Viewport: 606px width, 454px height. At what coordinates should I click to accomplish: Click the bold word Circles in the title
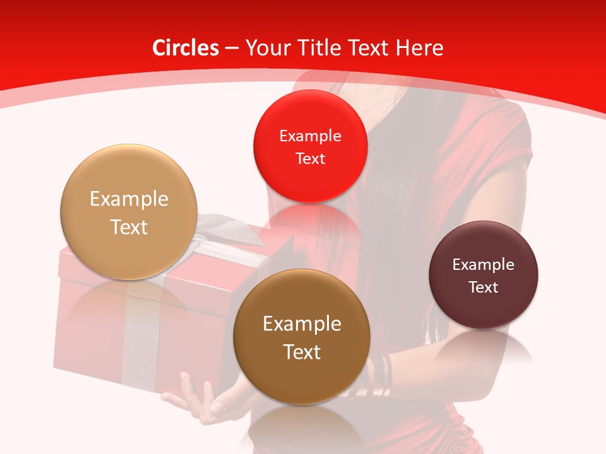[186, 48]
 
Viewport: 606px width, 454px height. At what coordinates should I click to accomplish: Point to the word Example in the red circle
[310, 136]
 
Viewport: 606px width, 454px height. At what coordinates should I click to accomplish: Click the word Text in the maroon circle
[484, 288]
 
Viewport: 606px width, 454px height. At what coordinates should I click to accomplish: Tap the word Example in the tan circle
[129, 199]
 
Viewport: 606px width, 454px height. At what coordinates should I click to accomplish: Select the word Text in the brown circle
[302, 352]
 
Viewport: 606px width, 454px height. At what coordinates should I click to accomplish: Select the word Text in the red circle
[310, 159]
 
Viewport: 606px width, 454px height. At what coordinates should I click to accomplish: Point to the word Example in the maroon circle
[484, 265]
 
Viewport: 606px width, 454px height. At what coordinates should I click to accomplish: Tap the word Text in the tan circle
[129, 227]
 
